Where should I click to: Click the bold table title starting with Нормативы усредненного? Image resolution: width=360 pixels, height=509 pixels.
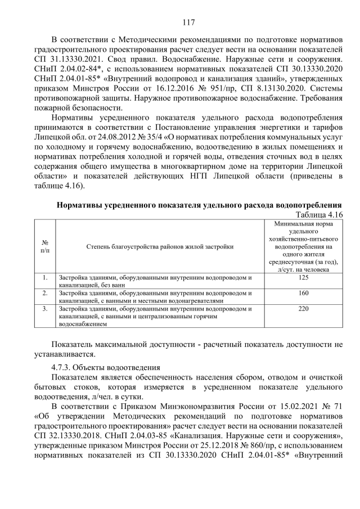click(x=200, y=205)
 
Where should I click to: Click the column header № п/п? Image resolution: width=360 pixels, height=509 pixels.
click(x=45, y=246)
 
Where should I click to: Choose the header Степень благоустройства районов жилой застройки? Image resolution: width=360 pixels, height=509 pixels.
click(x=160, y=246)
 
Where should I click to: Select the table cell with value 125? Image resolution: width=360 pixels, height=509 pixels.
click(x=304, y=278)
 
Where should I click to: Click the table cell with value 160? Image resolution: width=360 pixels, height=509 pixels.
click(x=304, y=293)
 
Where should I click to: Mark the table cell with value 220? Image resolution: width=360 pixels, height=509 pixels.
click(x=304, y=309)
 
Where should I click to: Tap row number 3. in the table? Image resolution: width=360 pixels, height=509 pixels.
click(x=45, y=309)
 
